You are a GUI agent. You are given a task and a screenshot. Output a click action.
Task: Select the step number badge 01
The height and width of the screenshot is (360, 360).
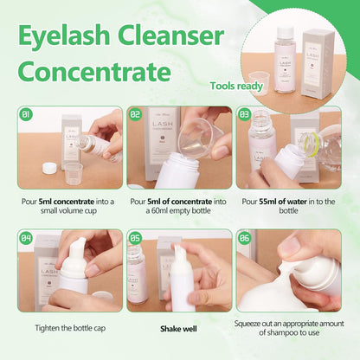[26, 113]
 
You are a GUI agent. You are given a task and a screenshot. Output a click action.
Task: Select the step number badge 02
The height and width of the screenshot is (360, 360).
[135, 113]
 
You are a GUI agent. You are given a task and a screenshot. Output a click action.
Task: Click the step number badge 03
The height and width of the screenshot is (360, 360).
[244, 113]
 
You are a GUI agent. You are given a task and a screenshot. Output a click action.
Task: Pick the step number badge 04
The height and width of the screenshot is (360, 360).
[26, 236]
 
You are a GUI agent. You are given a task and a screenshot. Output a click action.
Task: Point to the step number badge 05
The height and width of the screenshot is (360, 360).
[135, 236]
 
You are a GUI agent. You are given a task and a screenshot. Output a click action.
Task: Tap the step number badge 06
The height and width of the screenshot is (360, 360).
[244, 236]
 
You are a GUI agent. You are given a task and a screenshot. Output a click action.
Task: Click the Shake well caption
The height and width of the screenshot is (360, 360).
[179, 328]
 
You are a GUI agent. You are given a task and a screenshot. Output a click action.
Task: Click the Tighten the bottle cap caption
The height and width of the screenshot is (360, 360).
[70, 328]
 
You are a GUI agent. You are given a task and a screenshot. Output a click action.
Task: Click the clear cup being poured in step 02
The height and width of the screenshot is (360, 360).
[196, 138]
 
